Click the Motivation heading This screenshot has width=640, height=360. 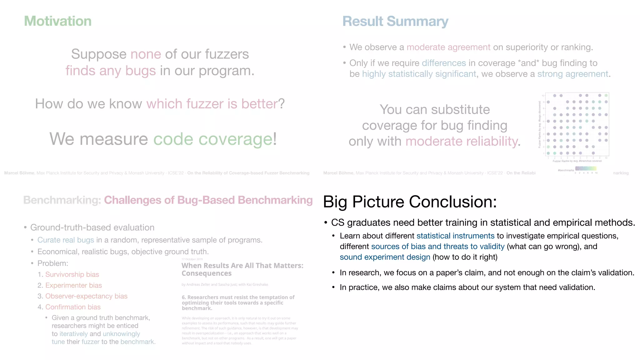pos(58,21)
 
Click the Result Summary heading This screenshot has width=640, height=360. pos(395,21)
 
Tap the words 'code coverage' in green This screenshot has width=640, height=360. pos(213,139)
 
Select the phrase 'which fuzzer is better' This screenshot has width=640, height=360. pos(212,104)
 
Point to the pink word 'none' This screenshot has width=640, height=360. pos(146,54)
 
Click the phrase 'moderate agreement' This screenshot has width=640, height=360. pos(448,47)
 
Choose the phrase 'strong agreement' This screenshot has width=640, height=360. pos(573,74)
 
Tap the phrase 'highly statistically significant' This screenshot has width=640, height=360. pos(419,74)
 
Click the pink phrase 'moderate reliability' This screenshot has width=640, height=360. pos(462,141)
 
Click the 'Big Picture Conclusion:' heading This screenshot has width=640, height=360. pos(410,202)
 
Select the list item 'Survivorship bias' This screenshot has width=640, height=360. pos(72,274)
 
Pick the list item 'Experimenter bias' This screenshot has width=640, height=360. pos(74,285)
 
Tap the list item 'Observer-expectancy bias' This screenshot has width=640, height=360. pos(87,296)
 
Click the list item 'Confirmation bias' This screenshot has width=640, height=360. pos(73,307)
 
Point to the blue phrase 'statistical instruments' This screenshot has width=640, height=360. pos(455,236)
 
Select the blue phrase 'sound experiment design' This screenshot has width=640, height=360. pos(385,257)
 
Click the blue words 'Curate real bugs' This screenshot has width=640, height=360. pos(66,240)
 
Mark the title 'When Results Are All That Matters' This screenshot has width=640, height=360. pos(242,266)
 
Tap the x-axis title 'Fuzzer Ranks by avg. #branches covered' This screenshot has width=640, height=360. pos(577,161)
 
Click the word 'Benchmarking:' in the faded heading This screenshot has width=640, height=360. pos(62,200)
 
